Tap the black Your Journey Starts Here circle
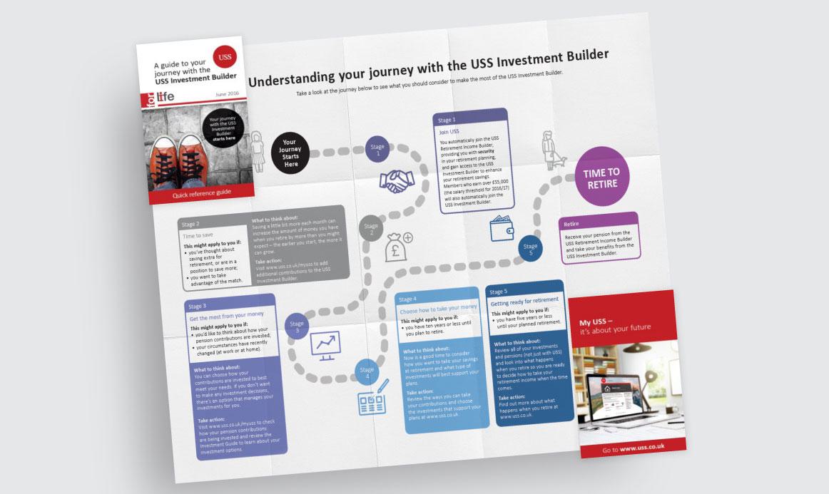pos(289,152)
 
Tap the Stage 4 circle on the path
pos(367,374)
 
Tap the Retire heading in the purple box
pos(571,223)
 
